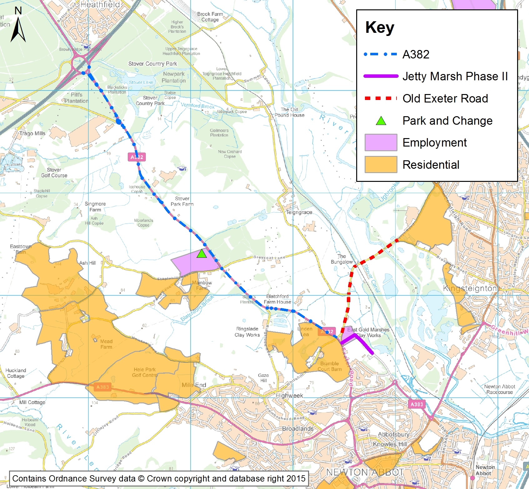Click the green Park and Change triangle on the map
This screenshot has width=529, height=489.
coord(202,254)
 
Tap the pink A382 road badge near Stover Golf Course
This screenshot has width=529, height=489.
coord(137,157)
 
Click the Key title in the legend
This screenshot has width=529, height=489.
coord(380,27)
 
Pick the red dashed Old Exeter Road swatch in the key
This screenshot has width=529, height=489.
coord(381,98)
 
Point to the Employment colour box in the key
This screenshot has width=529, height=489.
coord(381,142)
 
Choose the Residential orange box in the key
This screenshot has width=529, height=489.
coord(381,165)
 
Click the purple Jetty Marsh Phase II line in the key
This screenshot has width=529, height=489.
coord(381,76)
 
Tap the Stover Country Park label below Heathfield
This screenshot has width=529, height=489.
coord(152,64)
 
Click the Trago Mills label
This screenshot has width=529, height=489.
coord(32,133)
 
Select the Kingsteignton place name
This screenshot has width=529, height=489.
coord(470,288)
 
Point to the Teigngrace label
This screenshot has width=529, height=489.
coord(299,212)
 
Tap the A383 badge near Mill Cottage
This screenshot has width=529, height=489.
coord(102,387)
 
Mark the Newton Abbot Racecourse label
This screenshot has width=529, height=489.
coord(499,389)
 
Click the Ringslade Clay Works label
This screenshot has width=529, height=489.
coord(247,332)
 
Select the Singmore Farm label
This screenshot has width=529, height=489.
coord(95,207)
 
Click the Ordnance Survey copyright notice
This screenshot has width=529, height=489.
coord(159,479)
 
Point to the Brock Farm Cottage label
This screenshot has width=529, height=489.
coord(210,17)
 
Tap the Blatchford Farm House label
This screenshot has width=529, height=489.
coord(277,299)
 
